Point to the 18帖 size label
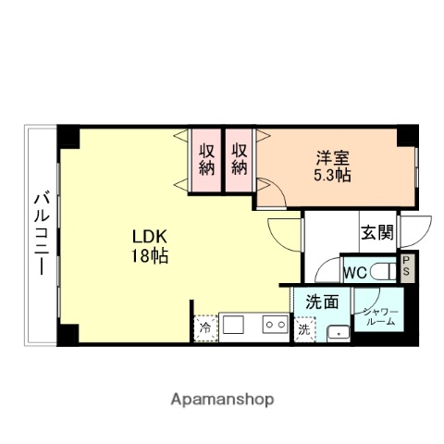[149, 256]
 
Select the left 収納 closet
[204, 158]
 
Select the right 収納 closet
[240, 158]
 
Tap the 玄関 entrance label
[376, 233]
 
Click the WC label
[355, 273]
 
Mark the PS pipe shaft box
[406, 268]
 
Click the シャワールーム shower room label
[380, 316]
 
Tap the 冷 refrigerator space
[204, 327]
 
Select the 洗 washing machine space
[304, 328]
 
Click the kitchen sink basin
[232, 326]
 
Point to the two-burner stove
[273, 326]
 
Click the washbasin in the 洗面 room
[339, 333]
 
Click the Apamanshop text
[221, 400]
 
